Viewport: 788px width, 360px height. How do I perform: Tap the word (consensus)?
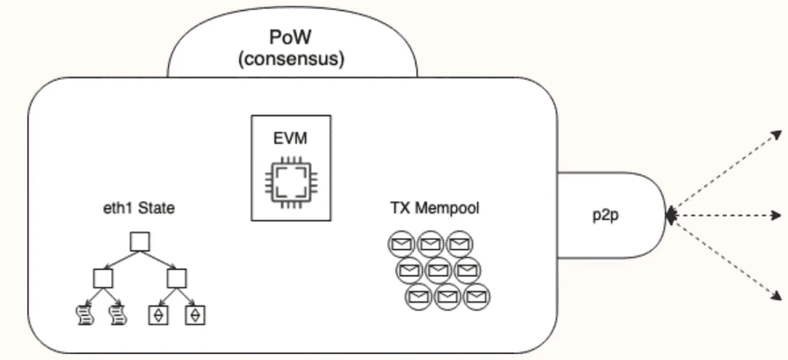coord(292,58)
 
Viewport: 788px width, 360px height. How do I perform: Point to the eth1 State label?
coord(139,210)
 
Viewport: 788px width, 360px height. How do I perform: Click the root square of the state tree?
coord(139,242)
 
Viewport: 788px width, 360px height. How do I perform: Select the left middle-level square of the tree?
coord(103,278)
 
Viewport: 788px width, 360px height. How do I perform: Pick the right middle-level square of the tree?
coord(177,278)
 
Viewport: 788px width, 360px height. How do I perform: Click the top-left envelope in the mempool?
coord(400,243)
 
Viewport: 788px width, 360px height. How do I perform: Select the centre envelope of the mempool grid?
coord(437,270)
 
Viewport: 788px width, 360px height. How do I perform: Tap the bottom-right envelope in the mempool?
coord(476,296)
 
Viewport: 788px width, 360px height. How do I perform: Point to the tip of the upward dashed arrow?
coord(780,131)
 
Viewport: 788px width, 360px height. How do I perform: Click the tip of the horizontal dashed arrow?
coord(781,215)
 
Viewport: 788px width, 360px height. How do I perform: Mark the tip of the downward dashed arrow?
coord(780,299)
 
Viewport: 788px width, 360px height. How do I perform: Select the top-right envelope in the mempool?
coord(459,243)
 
